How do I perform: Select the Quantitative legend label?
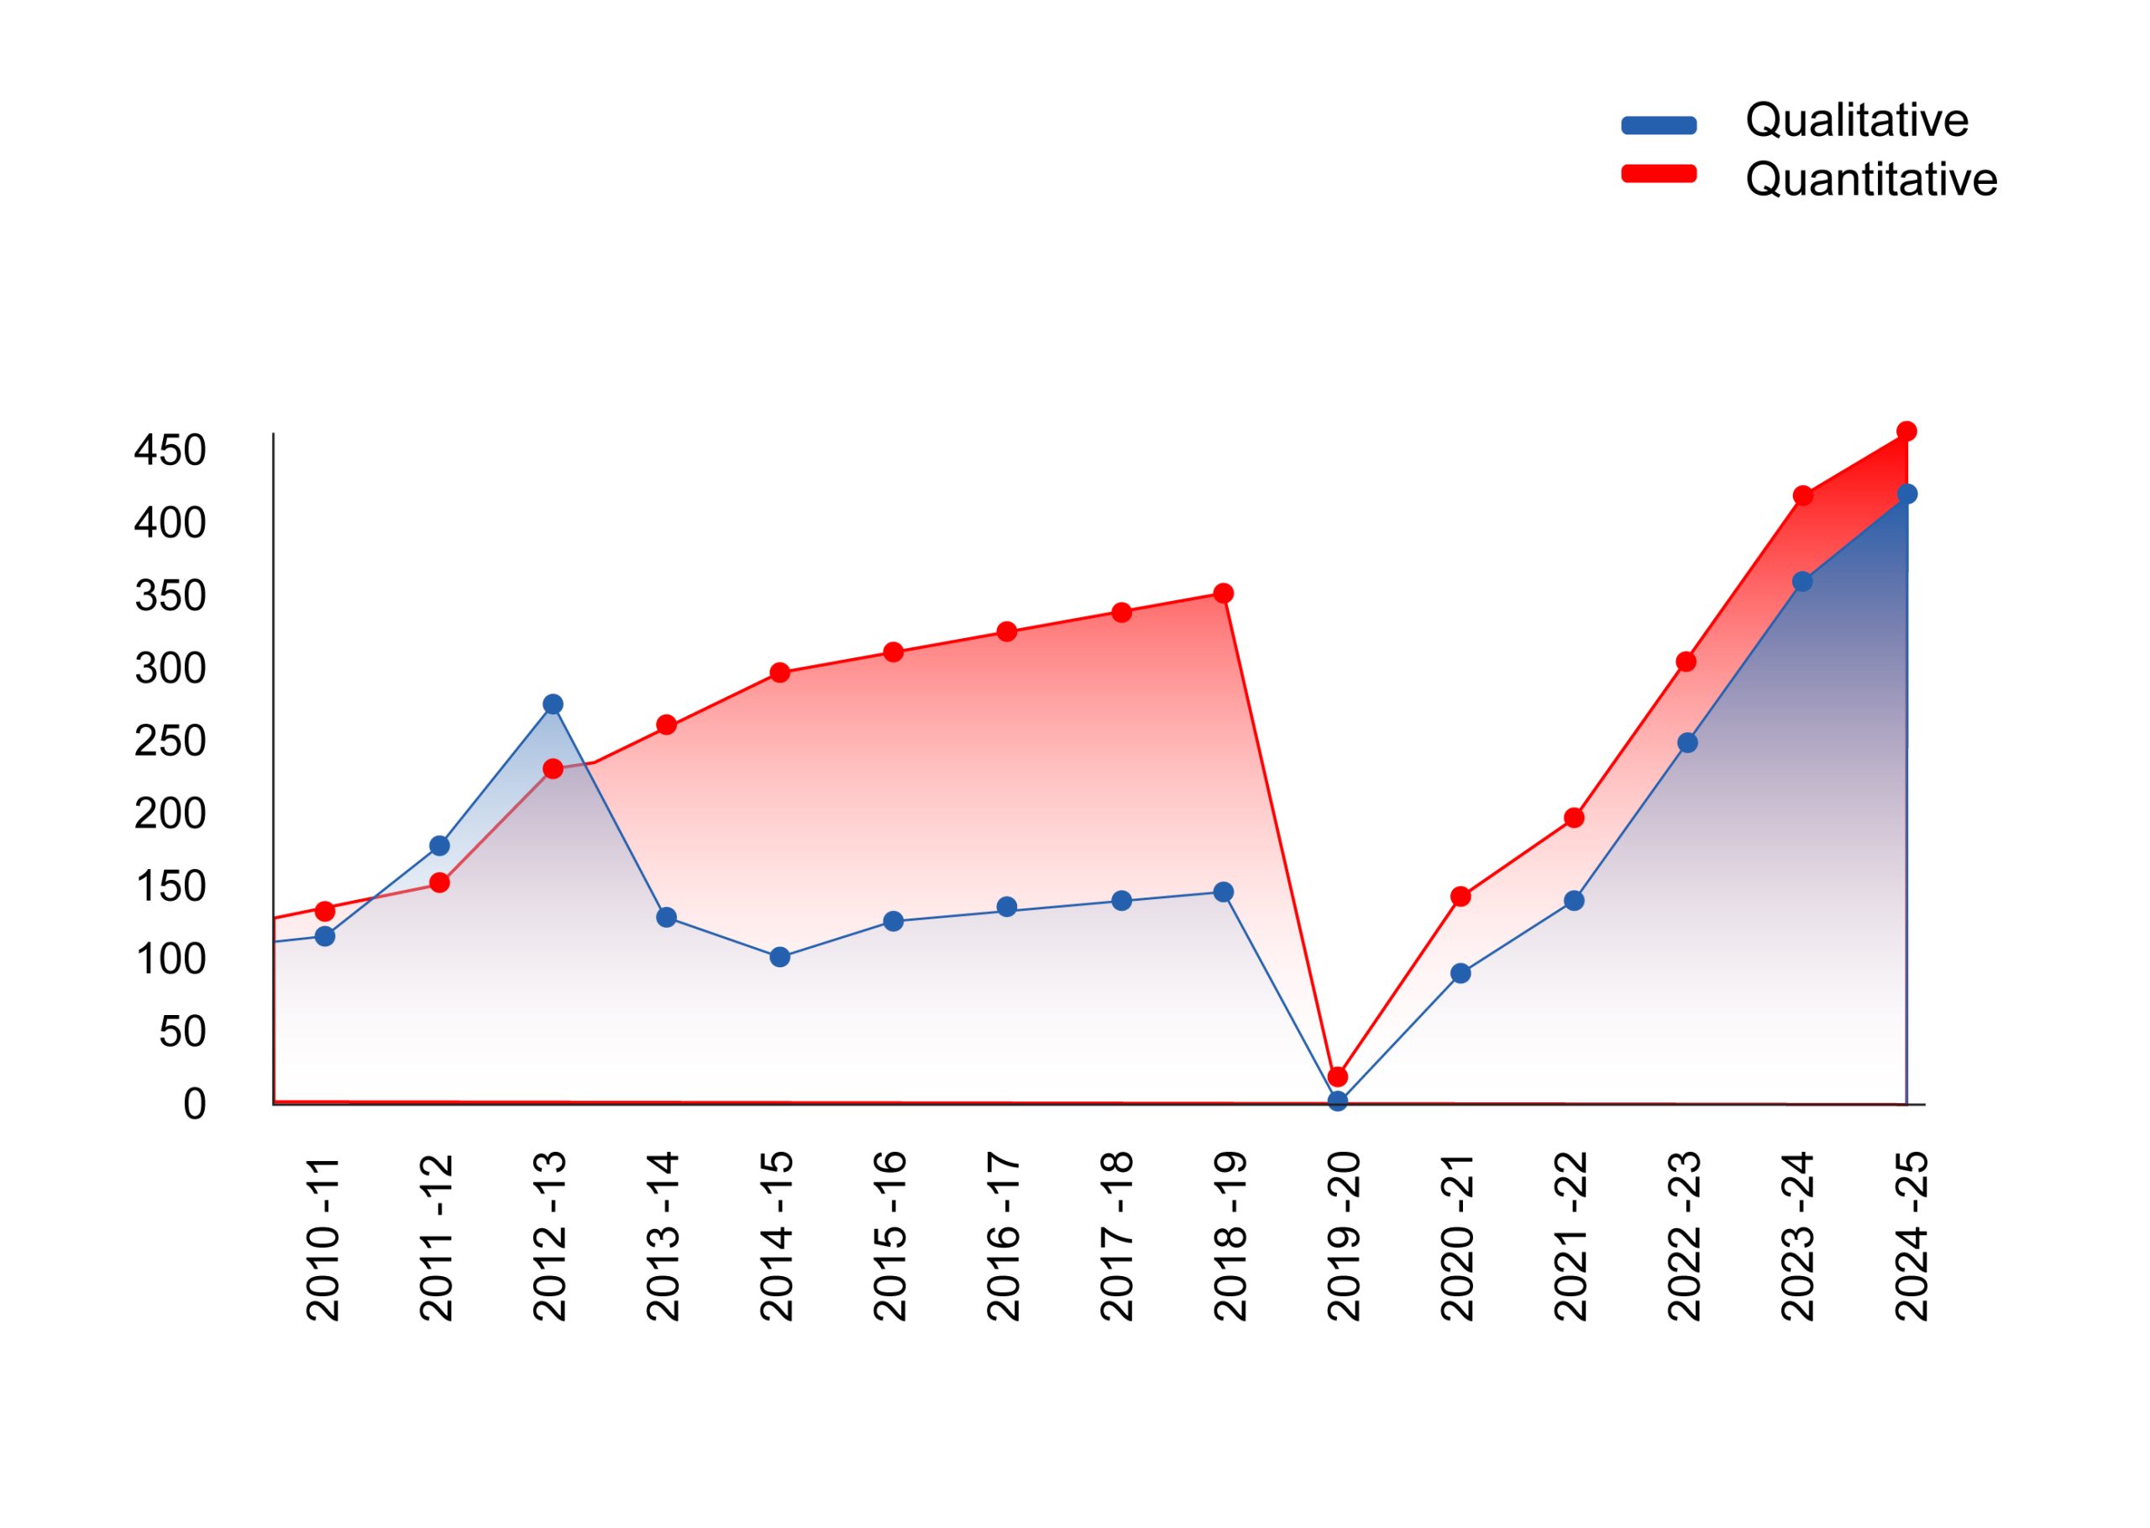pos(1870,180)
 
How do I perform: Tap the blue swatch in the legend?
pos(1659,126)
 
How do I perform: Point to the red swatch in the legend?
pos(1659,174)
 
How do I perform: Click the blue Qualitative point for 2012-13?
pos(553,704)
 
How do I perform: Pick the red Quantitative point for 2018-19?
pos(1223,594)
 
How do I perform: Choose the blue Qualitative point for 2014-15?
pos(780,958)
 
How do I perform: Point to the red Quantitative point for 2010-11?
pos(325,912)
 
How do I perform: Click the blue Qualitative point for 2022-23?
pos(1688,743)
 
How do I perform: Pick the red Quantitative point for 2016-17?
pos(1007,632)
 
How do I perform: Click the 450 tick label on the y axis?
pos(170,451)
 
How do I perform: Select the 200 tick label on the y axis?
pos(170,814)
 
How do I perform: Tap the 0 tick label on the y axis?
pos(195,1105)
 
